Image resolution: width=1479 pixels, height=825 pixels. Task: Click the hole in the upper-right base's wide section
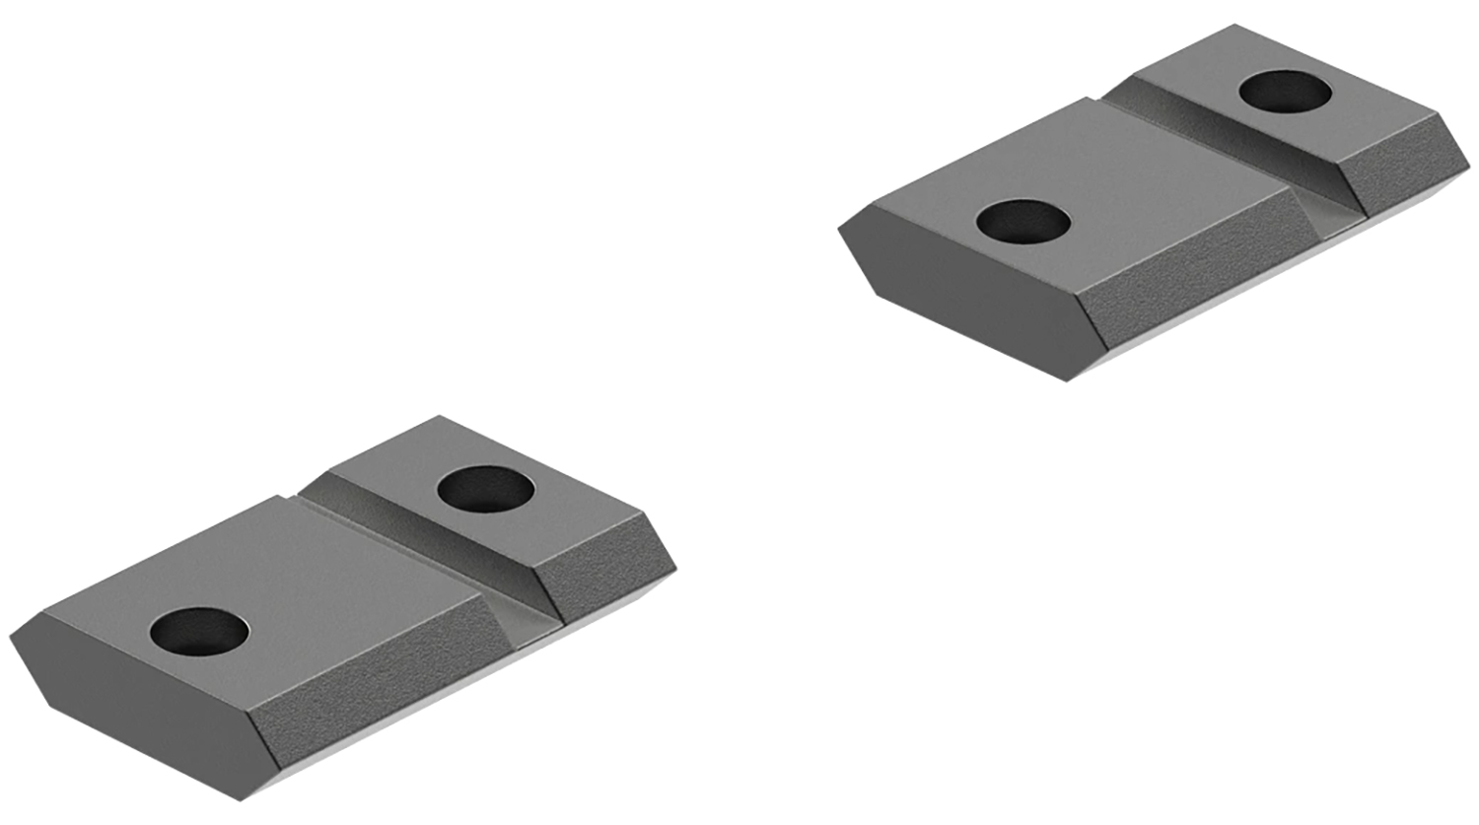(x=1023, y=220)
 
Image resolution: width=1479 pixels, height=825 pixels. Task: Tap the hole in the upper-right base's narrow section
(x=1286, y=93)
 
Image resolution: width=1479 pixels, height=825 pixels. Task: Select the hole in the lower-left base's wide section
(x=201, y=630)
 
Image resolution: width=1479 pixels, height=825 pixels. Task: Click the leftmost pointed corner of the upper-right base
(x=839, y=229)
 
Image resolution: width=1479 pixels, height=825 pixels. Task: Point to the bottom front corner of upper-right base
(x=1070, y=380)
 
